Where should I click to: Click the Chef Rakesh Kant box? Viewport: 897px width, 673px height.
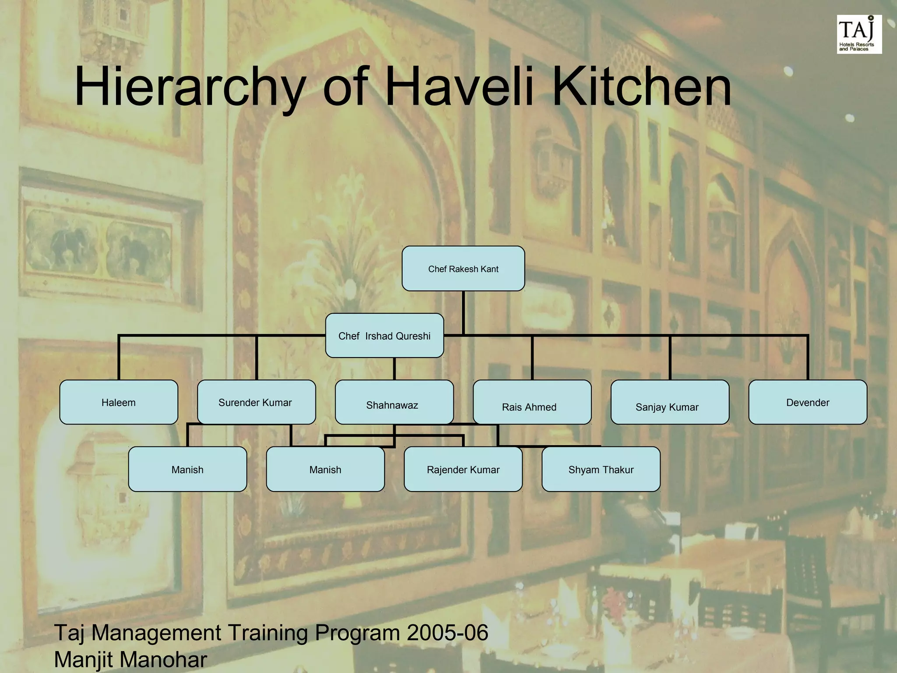(463, 269)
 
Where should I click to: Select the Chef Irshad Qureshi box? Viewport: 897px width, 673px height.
(384, 336)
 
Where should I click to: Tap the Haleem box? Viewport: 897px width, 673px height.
(118, 402)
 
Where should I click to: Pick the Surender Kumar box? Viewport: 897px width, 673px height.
(256, 402)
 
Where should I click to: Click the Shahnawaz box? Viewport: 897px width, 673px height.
(394, 402)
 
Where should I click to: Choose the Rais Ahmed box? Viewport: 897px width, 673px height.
(532, 402)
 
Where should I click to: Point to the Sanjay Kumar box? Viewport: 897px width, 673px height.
(670, 402)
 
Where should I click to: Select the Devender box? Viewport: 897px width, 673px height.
(808, 402)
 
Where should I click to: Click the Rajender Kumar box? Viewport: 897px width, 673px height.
(463, 469)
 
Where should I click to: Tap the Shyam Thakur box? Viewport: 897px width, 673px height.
(601, 469)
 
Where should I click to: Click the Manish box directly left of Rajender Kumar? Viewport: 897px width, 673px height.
(325, 469)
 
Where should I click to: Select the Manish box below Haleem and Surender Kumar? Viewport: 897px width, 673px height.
(187, 469)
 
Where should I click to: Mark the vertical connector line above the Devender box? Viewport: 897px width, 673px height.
(808, 358)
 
